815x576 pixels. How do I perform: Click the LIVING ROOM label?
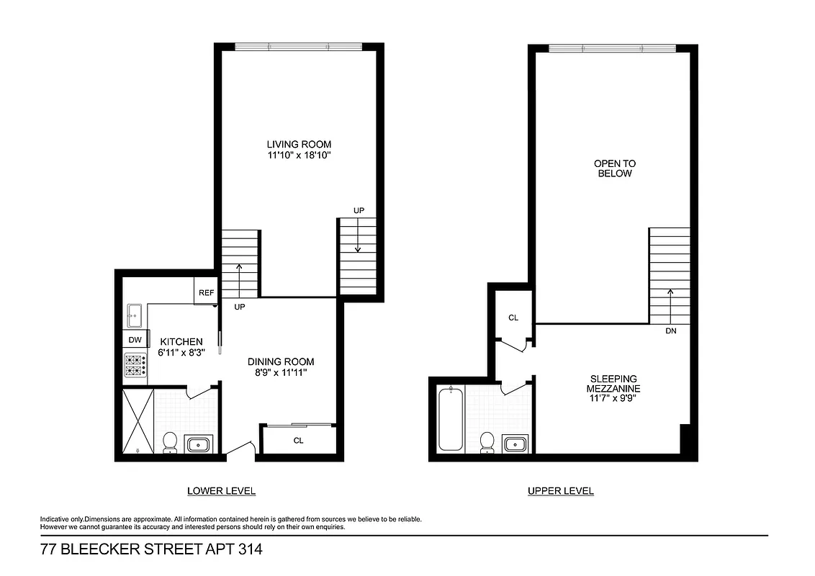299,144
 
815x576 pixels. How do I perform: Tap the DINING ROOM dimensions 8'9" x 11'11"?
281,373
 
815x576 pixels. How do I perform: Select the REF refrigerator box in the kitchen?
206,293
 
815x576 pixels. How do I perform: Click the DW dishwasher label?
135,340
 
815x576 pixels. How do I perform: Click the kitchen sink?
135,314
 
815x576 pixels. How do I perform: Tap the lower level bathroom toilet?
170,442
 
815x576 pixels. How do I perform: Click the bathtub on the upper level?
450,418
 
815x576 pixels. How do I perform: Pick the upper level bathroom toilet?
487,442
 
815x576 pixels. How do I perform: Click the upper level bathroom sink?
515,444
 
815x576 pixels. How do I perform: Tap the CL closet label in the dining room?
297,441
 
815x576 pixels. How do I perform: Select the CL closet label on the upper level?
513,318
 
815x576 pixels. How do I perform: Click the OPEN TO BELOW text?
614,168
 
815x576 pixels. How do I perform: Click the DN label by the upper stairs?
672,331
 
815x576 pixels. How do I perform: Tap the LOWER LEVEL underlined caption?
221,491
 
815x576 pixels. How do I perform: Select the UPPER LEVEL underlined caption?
560,491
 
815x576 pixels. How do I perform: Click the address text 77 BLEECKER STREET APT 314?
151,551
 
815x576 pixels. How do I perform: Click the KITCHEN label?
181,341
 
